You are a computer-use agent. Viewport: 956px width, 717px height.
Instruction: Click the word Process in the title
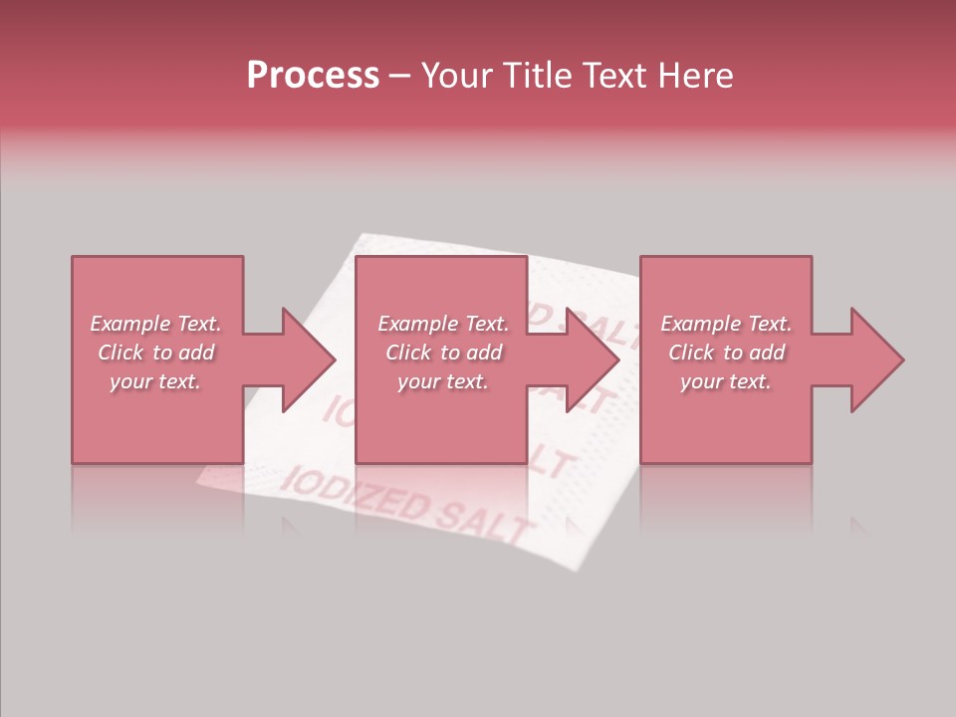click(x=313, y=76)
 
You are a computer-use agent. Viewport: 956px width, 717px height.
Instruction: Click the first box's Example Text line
click(x=155, y=324)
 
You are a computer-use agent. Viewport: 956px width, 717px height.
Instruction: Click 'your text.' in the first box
click(x=155, y=381)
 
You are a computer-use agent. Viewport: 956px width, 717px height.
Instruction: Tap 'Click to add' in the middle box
click(x=443, y=353)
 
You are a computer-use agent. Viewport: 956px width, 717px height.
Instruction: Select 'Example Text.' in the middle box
click(x=443, y=324)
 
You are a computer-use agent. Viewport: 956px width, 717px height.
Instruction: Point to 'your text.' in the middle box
click(x=443, y=381)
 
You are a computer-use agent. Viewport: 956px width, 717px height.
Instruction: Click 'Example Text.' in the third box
click(x=726, y=324)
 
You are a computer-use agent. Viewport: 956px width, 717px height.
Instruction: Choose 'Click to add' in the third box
click(x=726, y=353)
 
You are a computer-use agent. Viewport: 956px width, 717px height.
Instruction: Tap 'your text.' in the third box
click(x=726, y=381)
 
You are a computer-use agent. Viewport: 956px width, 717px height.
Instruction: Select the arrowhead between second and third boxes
click(x=592, y=359)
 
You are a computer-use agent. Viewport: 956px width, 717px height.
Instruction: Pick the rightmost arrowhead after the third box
click(x=875, y=359)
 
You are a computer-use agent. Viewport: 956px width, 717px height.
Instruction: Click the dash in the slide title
click(x=400, y=76)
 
